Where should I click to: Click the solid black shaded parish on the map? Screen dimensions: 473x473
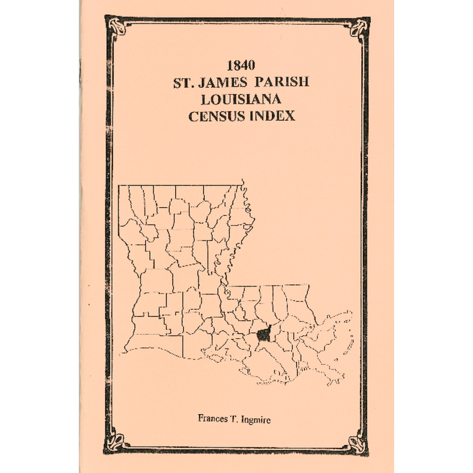coord(264,334)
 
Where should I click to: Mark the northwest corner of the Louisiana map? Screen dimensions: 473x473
coord(119,186)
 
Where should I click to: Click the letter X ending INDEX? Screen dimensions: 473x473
coord(290,116)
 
